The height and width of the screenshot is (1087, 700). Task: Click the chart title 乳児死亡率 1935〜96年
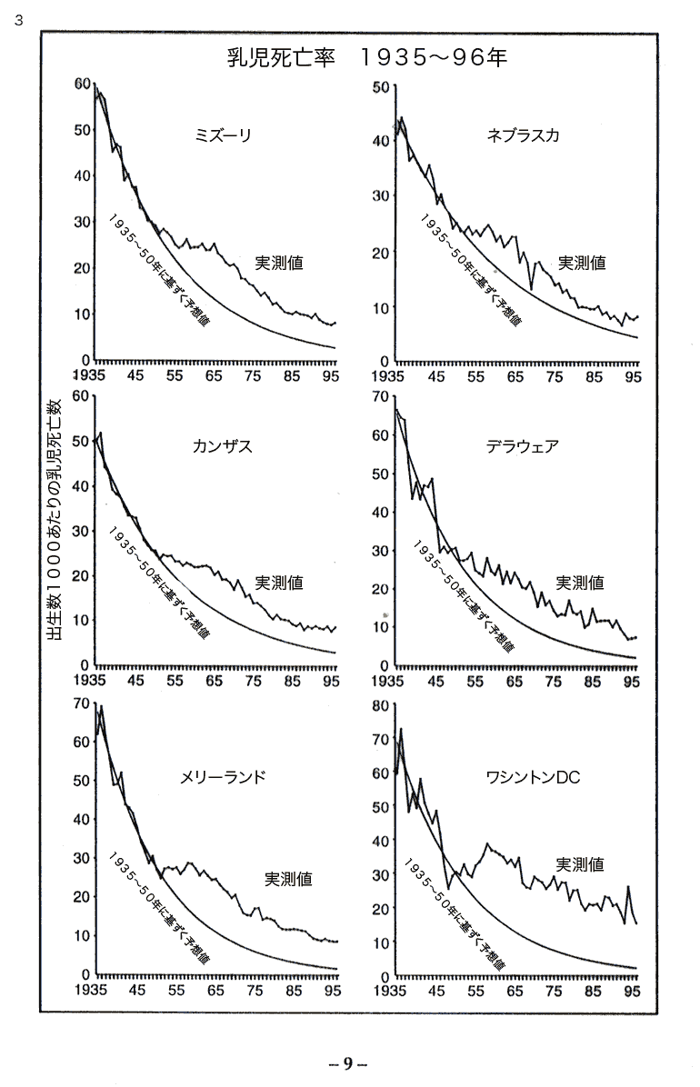coord(366,58)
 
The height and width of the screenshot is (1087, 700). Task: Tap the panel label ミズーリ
coord(223,136)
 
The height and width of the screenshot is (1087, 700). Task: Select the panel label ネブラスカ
coord(523,136)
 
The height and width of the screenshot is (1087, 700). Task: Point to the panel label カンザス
coord(222,446)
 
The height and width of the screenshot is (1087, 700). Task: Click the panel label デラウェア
coord(522,446)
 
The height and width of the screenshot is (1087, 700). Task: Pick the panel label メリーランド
coord(223,777)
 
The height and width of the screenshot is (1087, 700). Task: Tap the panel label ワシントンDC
coord(533,777)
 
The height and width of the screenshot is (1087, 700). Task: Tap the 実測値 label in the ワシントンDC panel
coord(579,864)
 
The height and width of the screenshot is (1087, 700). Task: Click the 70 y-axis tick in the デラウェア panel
coord(379,397)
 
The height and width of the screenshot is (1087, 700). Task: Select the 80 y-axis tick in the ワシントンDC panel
coord(379,705)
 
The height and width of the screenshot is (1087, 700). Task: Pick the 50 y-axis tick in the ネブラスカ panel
coord(379,86)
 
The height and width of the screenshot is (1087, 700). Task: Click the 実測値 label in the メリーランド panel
coord(289,879)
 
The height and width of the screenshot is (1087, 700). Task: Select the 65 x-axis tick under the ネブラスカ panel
coord(514,374)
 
